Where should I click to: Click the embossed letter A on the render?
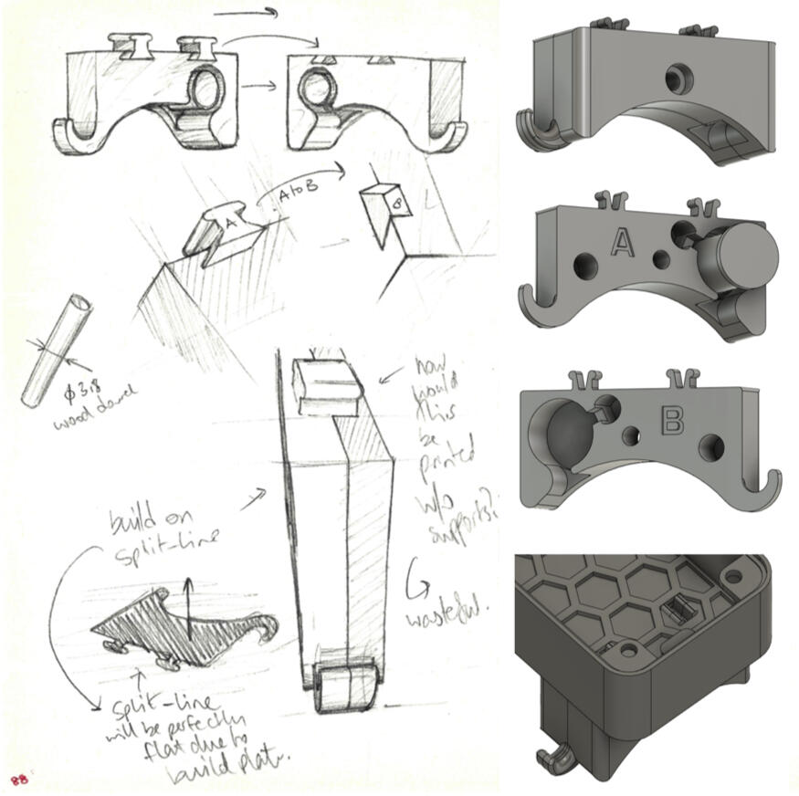click(x=622, y=242)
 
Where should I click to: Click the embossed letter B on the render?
click(x=671, y=421)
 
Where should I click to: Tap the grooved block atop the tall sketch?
click(x=326, y=384)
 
